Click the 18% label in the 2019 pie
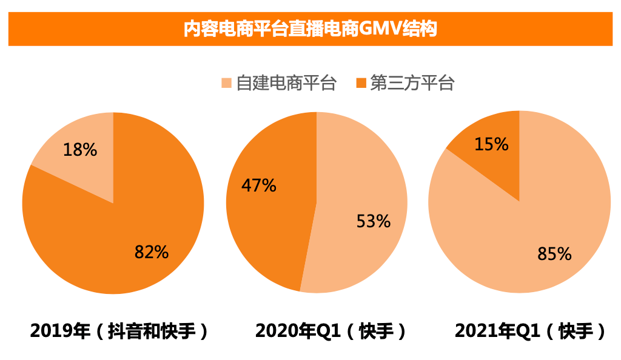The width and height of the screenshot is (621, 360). point(80,150)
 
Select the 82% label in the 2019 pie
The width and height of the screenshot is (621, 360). point(151,252)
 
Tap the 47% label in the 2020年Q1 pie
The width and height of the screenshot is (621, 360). point(259,185)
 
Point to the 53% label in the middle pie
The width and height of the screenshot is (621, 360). point(373,222)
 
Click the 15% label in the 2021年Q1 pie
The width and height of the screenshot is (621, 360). point(491,144)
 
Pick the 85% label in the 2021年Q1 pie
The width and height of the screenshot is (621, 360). point(554,254)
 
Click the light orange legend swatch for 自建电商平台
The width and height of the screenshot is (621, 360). point(227,83)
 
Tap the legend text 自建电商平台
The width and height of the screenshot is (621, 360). point(286,83)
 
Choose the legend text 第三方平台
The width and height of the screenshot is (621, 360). point(412,83)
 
